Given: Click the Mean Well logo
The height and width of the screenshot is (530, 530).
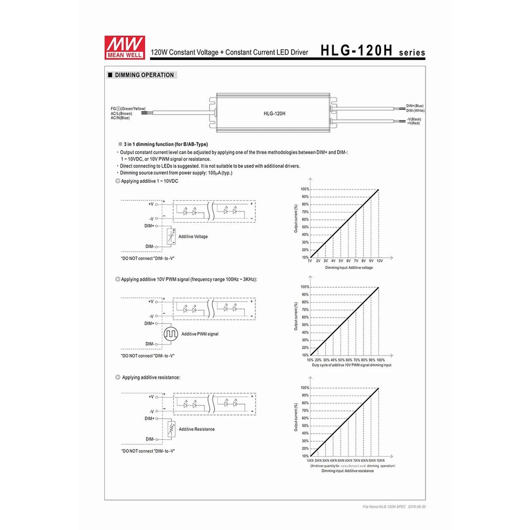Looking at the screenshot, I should [x=120, y=45].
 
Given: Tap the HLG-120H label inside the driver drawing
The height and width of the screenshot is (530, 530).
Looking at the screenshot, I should [x=275, y=113].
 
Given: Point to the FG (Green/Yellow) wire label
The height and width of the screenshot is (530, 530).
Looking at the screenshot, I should [x=128, y=108].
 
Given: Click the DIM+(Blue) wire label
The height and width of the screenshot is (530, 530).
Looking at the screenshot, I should [x=415, y=106].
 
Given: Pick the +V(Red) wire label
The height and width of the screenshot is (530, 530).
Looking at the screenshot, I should [x=413, y=123].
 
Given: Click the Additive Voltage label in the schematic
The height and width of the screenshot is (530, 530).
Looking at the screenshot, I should [x=193, y=236].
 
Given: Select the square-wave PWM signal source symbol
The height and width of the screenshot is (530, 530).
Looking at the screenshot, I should [x=171, y=334].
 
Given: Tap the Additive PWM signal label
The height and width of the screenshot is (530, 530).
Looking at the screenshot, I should [x=200, y=334].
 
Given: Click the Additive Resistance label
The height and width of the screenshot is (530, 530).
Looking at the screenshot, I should [x=197, y=429].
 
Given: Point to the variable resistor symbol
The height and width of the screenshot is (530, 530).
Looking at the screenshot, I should [x=171, y=429].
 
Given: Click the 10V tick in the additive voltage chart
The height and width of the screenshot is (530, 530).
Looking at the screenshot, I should [x=379, y=261].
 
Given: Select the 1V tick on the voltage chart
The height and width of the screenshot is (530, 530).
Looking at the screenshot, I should [x=310, y=261].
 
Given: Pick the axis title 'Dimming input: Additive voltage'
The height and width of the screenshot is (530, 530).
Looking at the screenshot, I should [x=349, y=268].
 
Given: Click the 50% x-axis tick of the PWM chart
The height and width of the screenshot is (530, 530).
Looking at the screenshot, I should [x=341, y=359].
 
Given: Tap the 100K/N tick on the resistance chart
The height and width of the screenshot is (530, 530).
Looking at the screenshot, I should [x=380, y=461].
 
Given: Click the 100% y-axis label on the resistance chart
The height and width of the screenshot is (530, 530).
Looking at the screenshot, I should [x=304, y=388].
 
